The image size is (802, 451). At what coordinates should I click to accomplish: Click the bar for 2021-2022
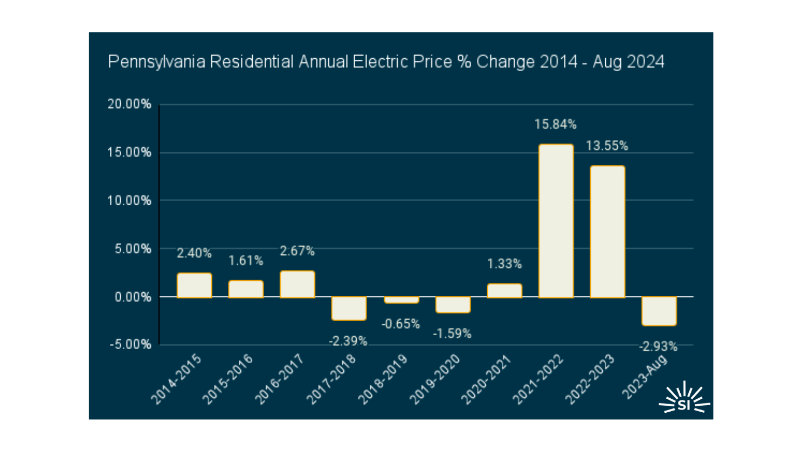click(556, 221)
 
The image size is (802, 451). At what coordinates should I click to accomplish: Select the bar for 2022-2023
click(607, 232)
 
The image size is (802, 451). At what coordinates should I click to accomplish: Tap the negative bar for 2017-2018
click(349, 308)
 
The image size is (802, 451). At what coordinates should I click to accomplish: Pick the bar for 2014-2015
click(194, 286)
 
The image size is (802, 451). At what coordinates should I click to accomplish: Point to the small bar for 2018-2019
click(401, 300)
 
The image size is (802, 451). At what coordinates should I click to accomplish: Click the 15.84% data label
click(555, 124)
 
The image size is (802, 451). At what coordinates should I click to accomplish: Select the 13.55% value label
click(607, 145)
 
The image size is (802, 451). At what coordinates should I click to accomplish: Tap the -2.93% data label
click(658, 346)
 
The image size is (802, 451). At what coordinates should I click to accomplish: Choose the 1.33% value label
click(504, 263)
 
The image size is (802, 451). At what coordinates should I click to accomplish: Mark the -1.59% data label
click(452, 334)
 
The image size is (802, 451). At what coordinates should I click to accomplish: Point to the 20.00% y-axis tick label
click(129, 104)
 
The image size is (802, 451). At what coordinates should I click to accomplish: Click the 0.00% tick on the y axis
click(133, 297)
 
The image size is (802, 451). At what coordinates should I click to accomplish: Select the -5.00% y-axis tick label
click(130, 344)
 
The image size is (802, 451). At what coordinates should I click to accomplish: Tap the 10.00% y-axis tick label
click(129, 200)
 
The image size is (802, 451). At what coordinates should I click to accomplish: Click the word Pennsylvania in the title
click(156, 62)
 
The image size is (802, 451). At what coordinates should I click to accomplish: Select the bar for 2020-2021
click(504, 290)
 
